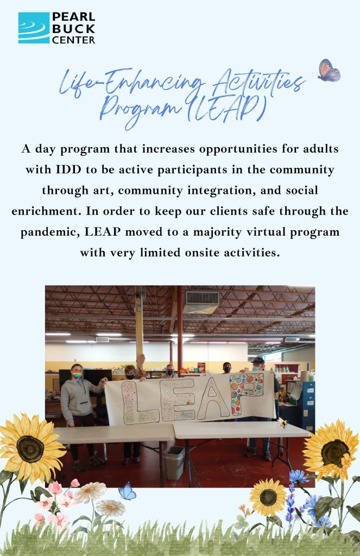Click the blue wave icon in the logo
34,28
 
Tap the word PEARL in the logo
73,17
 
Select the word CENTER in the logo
73,40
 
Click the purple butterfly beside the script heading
329,71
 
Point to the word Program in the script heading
140,109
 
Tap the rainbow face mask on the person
77,375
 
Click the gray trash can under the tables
174,463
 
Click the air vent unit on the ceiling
202,302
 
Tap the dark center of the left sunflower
30,448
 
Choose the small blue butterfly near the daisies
127,491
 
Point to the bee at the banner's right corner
283,422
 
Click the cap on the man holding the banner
258,361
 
